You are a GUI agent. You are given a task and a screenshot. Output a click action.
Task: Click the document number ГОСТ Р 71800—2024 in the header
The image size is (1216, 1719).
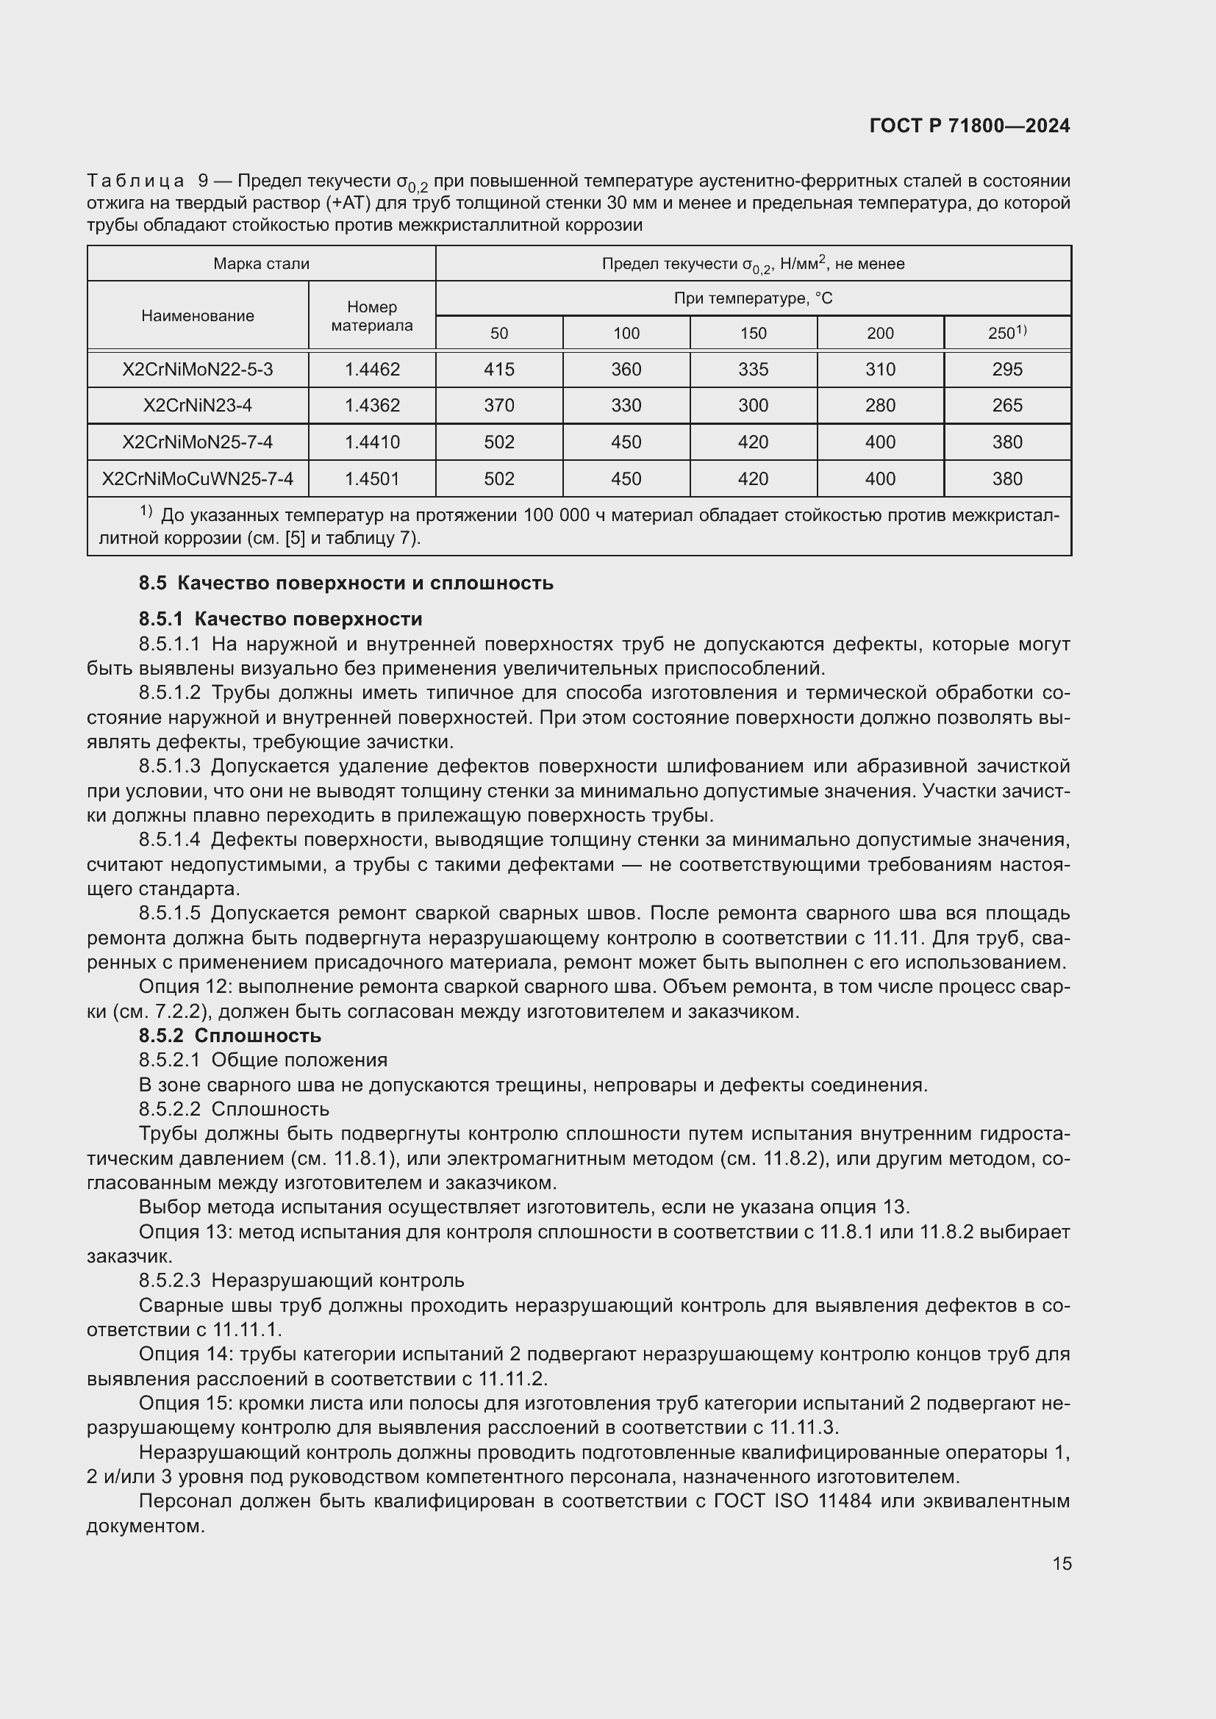[970, 126]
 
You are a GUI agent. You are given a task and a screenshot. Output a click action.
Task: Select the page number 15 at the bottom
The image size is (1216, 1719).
[1062, 1563]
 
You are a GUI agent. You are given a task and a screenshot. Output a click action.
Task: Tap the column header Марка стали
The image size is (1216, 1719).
[260, 264]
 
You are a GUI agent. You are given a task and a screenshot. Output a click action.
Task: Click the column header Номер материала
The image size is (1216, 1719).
[371, 316]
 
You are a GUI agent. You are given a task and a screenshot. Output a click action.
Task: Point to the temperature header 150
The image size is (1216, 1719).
[753, 333]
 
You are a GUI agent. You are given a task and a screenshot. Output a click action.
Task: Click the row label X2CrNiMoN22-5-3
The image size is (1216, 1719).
[198, 369]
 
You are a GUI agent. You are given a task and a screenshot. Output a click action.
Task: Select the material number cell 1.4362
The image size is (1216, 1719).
[371, 405]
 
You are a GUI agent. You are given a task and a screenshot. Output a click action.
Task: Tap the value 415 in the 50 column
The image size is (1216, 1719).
[498, 369]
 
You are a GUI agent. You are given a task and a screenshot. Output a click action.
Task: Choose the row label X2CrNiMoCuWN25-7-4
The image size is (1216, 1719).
[198, 478]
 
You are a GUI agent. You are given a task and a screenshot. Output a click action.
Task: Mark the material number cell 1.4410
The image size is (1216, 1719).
[371, 442]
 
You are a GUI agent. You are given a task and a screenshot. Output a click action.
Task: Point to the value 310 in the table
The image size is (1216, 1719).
[880, 369]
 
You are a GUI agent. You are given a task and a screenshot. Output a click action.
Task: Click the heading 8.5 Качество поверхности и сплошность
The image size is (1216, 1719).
[346, 583]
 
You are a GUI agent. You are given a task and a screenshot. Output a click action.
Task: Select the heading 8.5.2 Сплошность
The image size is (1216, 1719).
[230, 1036]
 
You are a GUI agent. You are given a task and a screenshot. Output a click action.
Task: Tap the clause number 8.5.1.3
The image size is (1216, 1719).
[169, 766]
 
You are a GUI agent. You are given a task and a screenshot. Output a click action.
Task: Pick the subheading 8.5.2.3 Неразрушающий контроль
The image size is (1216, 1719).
[301, 1280]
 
